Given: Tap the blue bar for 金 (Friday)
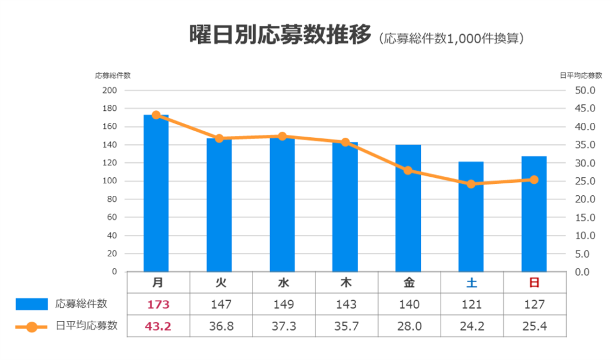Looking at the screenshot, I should (408, 210).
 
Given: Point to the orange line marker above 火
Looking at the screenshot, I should (219, 138).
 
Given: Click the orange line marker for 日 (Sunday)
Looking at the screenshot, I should (534, 180).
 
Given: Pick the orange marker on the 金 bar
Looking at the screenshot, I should (408, 170).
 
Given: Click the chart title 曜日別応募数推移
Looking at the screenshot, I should (280, 35).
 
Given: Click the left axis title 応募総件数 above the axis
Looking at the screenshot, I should (113, 75).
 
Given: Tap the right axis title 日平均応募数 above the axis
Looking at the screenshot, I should (581, 75).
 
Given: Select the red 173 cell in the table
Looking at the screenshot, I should (159, 304).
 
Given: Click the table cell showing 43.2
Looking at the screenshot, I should (159, 326).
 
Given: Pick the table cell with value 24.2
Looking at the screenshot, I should (472, 326).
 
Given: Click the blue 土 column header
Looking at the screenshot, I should (472, 282).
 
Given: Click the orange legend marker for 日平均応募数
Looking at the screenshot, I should (31, 326).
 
